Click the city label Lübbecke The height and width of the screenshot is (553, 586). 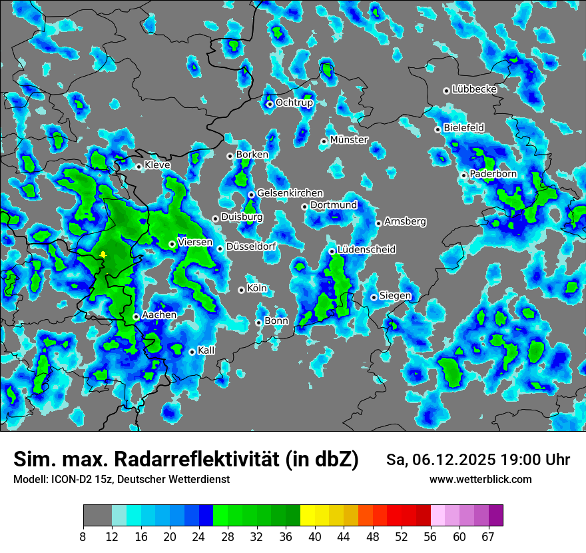(474, 89)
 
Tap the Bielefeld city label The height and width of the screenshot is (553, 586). (463, 127)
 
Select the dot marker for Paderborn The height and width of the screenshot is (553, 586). (464, 175)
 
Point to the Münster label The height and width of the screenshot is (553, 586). (349, 140)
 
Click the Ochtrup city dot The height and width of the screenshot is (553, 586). (270, 104)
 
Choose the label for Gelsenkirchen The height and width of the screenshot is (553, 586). (290, 193)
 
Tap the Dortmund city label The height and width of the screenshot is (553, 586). (334, 205)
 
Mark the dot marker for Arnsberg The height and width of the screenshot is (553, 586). (378, 223)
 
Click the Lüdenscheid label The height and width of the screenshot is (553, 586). (366, 250)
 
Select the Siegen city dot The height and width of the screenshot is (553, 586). (374, 297)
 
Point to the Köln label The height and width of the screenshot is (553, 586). (257, 288)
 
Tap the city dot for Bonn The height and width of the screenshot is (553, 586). (259, 322)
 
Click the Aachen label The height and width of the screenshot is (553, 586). (159, 315)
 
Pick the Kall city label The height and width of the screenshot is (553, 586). (206, 350)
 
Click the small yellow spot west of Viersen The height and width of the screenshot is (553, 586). (103, 255)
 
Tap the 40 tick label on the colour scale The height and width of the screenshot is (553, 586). (314, 536)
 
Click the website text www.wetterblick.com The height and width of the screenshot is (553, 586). (480, 479)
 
